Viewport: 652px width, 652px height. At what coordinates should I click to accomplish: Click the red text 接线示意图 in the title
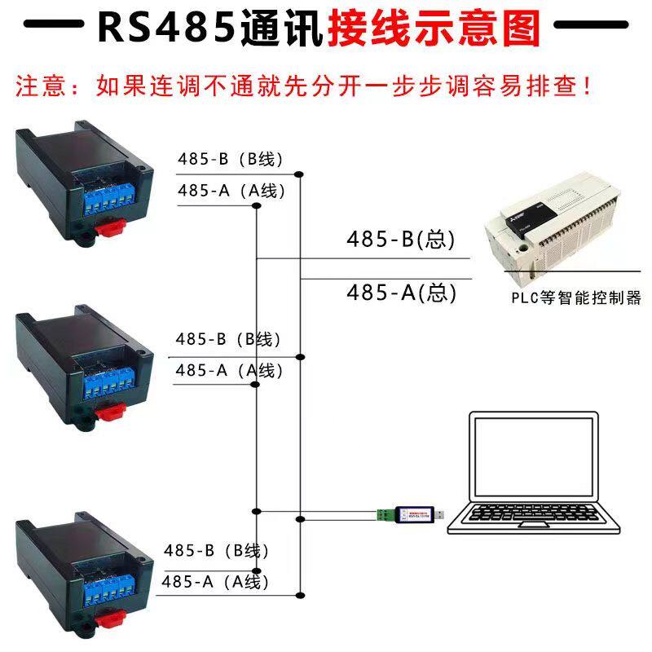coord(434,28)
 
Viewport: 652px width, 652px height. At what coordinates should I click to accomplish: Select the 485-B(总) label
coord(400,240)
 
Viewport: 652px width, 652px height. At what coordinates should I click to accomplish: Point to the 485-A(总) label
coord(400,292)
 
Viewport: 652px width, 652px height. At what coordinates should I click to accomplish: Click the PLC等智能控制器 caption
coord(576,297)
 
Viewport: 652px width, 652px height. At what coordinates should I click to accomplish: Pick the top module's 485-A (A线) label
coord(231,192)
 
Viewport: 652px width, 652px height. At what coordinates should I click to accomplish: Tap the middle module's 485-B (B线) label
coord(229,340)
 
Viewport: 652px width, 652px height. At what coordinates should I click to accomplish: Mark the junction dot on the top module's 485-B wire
coord(300,174)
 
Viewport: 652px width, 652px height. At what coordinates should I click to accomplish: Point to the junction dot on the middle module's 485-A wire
coord(256,384)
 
